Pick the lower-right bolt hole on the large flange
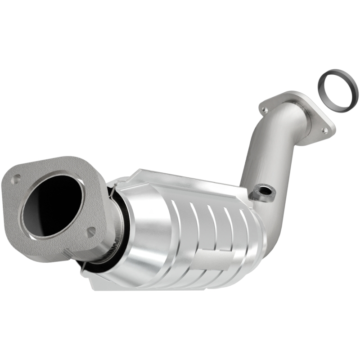click(91, 232)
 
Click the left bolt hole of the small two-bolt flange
click(265, 109)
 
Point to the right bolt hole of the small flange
click(324, 130)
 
